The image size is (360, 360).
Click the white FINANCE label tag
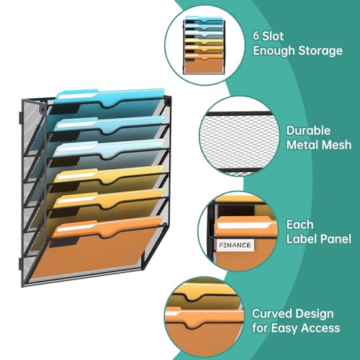[235, 246]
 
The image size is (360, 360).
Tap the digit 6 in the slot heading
[256, 36]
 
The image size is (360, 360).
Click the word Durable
[308, 130]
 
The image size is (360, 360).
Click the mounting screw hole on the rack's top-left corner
[42, 109]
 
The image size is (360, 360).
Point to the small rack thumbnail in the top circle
[204, 45]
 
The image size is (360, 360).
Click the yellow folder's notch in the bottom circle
[192, 297]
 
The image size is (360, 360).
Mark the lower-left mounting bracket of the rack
[20, 264]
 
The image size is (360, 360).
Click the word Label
[300, 239]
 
